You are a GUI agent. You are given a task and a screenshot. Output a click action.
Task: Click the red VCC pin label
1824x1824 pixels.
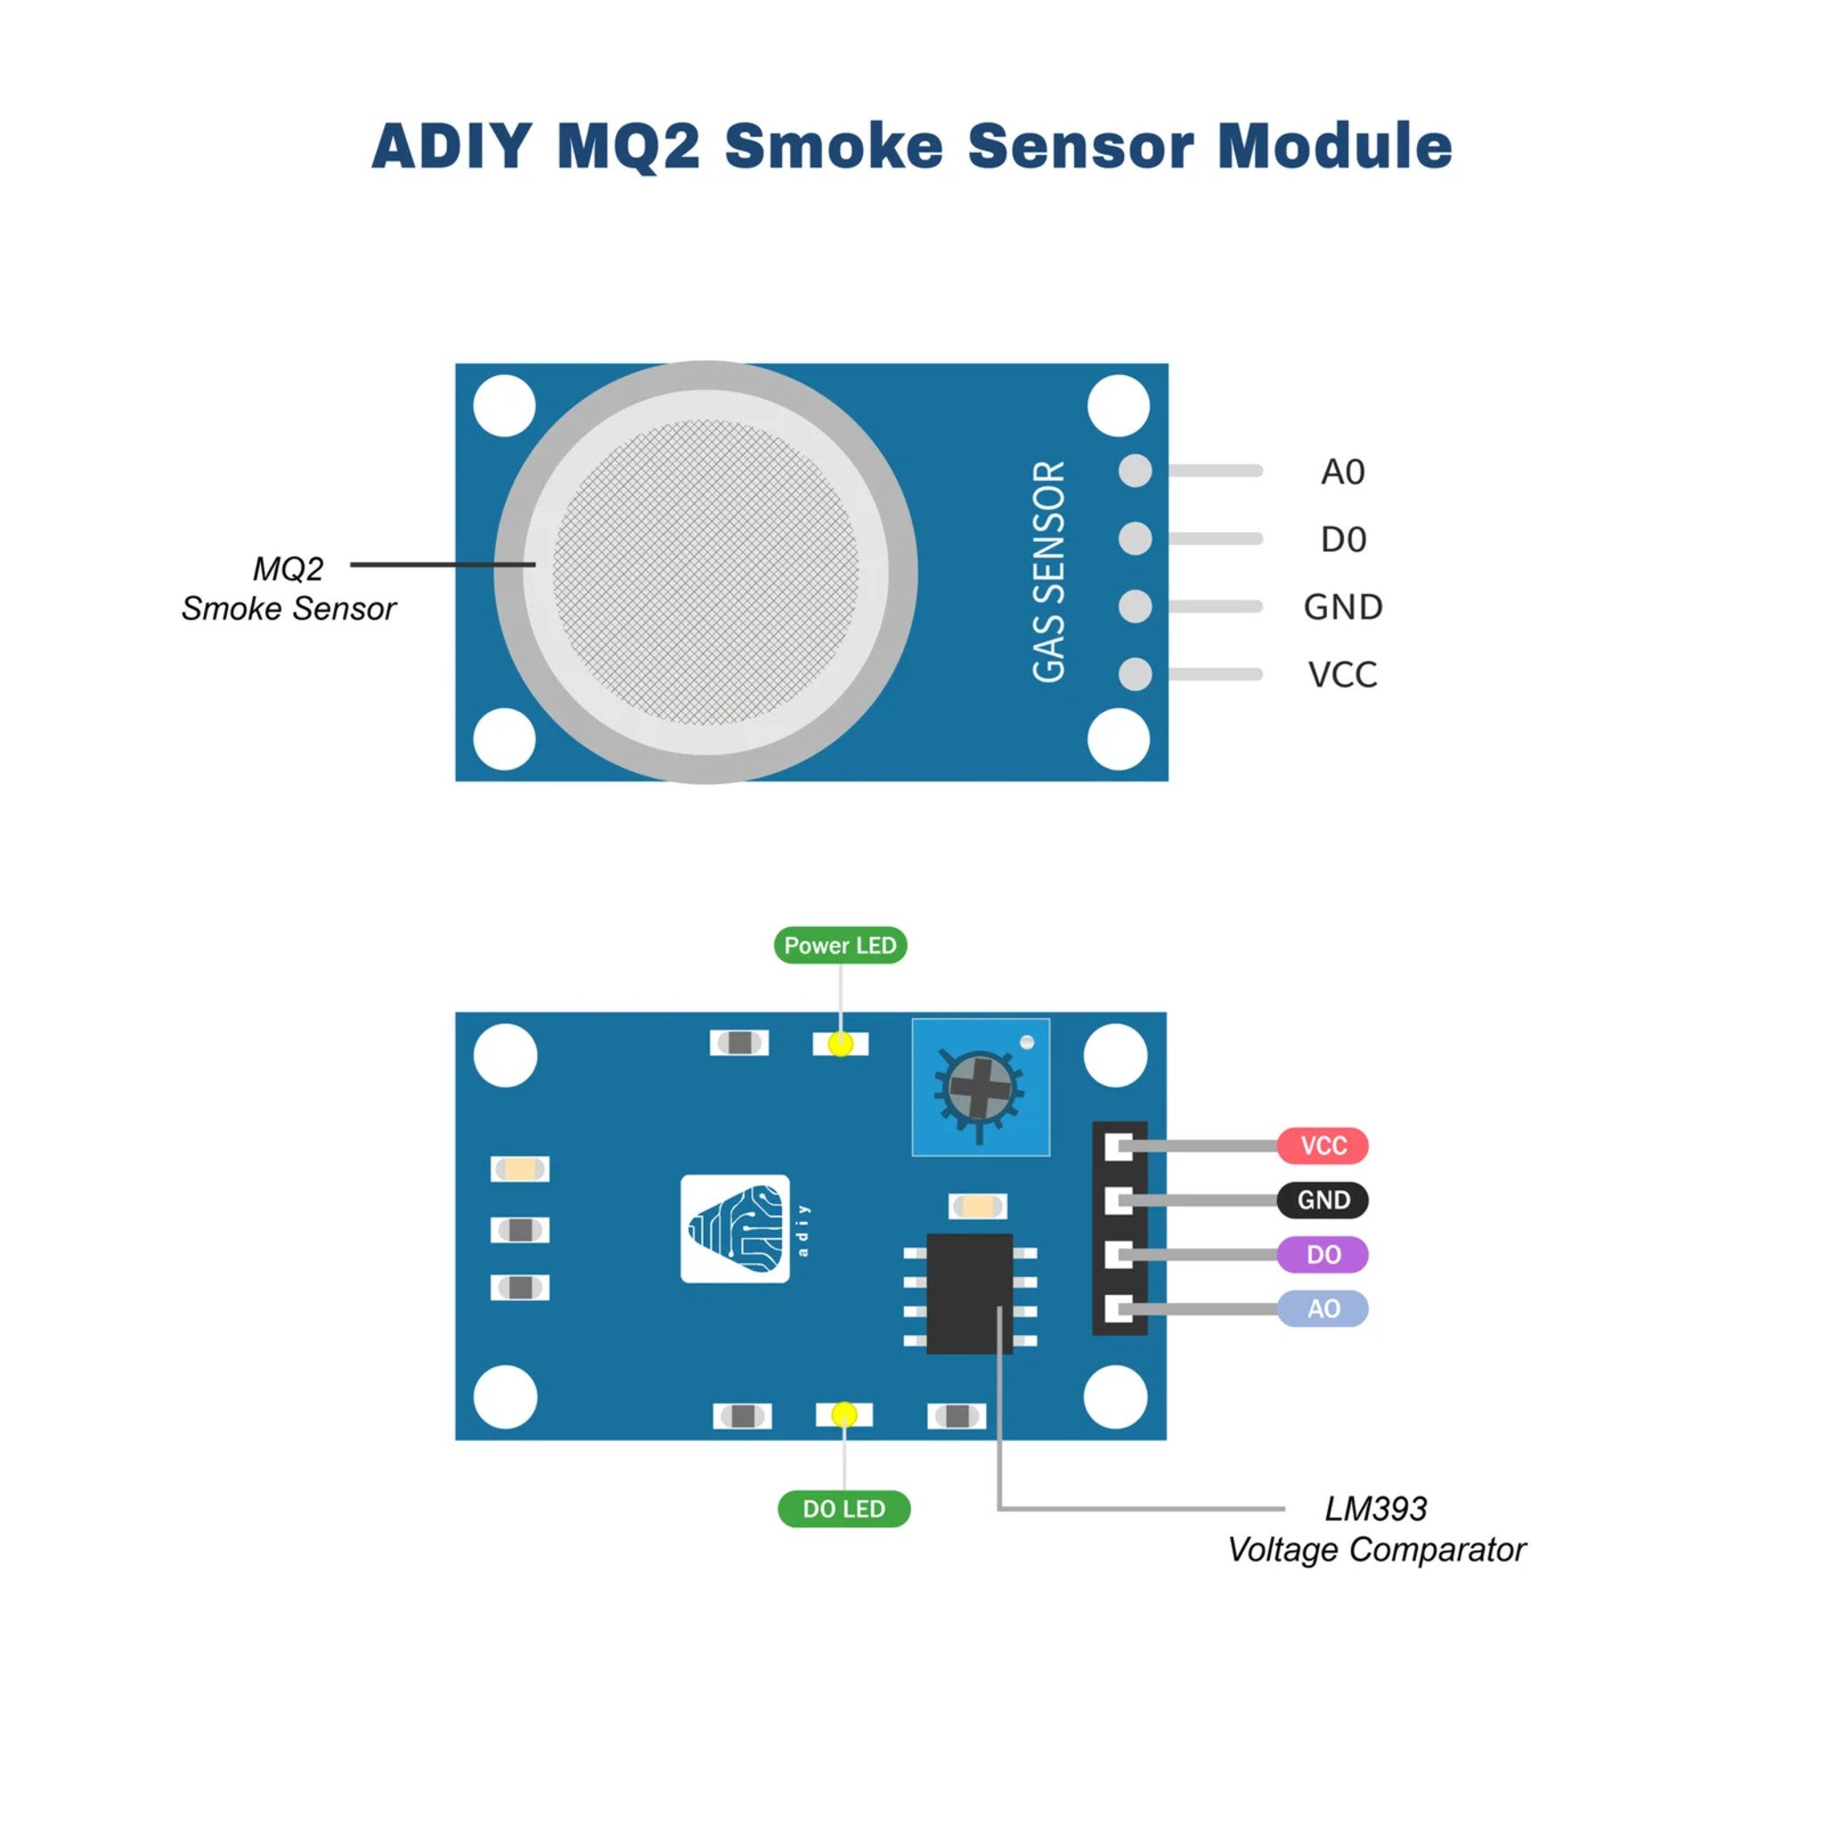(1322, 1145)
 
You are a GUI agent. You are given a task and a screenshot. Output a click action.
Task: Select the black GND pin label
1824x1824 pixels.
(1322, 1200)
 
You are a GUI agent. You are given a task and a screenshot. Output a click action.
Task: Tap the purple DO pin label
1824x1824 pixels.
(1322, 1255)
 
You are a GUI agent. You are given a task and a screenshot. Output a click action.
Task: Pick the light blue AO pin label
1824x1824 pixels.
(1322, 1308)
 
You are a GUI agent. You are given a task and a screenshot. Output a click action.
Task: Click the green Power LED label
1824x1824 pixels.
(840, 945)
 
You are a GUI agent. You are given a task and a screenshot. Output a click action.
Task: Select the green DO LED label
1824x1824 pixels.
(844, 1509)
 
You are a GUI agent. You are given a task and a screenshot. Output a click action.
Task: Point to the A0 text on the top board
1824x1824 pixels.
(1342, 471)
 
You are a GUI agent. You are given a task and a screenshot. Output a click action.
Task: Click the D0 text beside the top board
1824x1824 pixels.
(1342, 539)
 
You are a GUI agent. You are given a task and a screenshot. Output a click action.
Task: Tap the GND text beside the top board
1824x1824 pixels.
(1342, 607)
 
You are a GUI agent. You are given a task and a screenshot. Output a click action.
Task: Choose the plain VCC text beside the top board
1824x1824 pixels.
(1342, 674)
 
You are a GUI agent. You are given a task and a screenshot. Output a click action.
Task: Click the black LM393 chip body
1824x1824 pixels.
(970, 1293)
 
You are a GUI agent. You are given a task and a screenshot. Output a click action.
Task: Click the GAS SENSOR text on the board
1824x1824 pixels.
(1049, 571)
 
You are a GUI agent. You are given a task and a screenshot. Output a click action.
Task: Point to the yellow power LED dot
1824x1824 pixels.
(840, 1044)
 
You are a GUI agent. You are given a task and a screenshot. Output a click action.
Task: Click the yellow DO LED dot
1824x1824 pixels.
(844, 1414)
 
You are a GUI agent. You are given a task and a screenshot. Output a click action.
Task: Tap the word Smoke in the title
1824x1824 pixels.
(834, 146)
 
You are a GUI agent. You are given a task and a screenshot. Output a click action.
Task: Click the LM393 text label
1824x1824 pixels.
(1375, 1509)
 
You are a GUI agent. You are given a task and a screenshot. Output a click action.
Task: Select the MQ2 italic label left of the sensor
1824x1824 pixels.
(288, 568)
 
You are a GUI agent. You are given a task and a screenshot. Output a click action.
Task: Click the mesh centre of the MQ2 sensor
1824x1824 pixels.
(705, 572)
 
